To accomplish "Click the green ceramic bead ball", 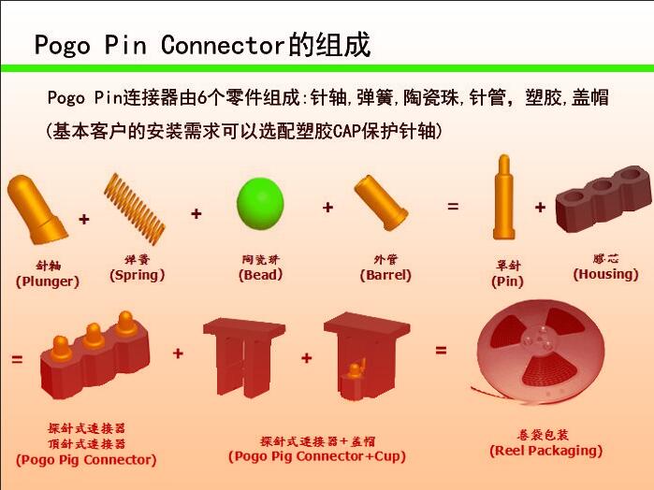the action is click(260, 204).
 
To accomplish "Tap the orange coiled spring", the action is click(135, 209).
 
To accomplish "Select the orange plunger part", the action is click(37, 209).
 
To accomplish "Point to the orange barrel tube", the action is click(381, 202).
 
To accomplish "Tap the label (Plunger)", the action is click(48, 281).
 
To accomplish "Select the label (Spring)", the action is click(138, 275).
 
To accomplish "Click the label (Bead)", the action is click(261, 275).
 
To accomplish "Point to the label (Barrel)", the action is click(385, 275).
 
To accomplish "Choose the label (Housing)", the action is click(605, 274).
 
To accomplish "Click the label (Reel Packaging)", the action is click(546, 451).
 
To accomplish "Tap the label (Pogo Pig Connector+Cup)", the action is click(317, 456).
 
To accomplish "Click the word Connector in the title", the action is click(223, 45).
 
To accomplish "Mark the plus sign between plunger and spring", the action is click(84, 219).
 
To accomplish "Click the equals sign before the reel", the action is click(441, 351).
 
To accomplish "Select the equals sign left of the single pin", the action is click(453, 206).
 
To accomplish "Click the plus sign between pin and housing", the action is click(540, 207).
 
